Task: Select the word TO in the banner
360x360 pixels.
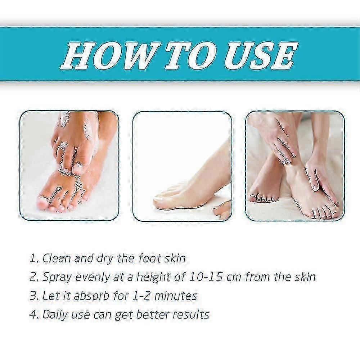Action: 190,56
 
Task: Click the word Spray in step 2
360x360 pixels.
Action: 57,277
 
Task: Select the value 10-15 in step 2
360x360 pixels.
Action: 206,277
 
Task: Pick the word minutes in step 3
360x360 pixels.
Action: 176,296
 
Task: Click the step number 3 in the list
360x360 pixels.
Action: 33,296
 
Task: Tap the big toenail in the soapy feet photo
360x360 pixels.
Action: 43,203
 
